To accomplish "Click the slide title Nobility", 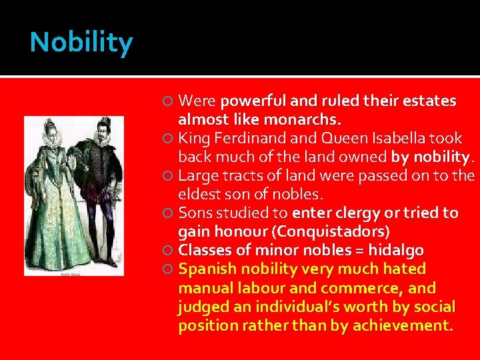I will (81, 43).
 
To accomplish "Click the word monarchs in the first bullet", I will (309, 120).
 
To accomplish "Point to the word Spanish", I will (205, 269).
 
